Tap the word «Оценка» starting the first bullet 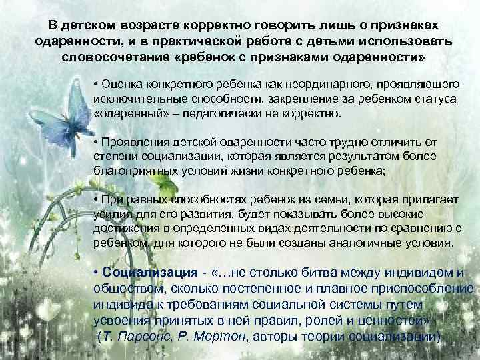[119, 85]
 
